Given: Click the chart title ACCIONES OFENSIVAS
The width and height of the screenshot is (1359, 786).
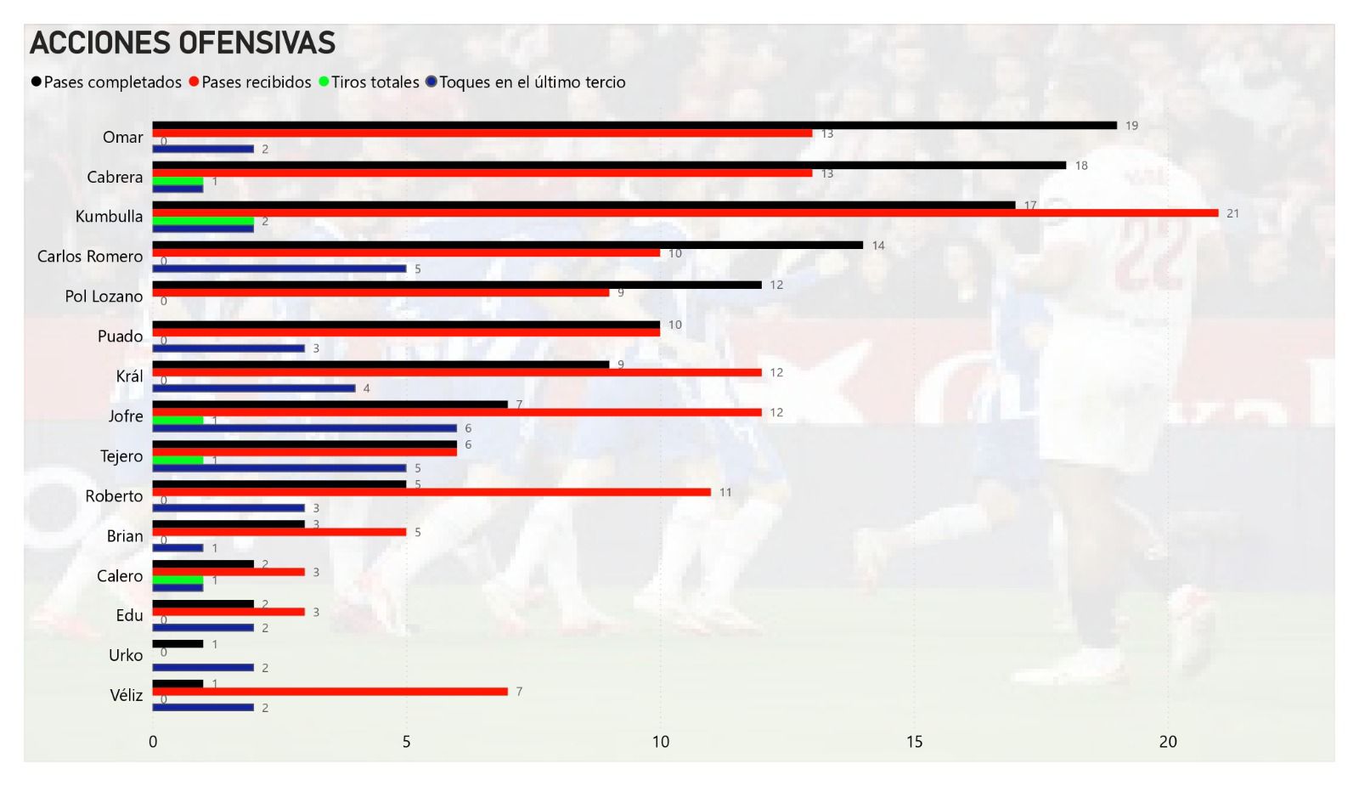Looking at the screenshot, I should point(183,42).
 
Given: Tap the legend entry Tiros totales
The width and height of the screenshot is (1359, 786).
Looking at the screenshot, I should point(375,82).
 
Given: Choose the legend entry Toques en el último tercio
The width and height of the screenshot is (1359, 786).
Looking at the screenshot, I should point(532,82).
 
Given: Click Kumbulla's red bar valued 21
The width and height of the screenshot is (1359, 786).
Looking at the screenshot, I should point(685,213).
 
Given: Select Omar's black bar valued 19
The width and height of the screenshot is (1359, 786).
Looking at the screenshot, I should point(634,126).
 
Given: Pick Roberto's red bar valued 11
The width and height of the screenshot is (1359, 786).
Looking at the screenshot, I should point(431,492).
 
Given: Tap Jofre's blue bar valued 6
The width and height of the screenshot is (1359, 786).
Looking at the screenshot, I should point(304,428).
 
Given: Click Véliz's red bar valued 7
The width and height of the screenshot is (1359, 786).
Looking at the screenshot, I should point(330,692).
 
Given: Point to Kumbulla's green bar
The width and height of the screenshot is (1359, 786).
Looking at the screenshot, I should point(203,221).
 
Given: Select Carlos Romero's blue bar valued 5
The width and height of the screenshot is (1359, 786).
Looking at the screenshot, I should point(279,269).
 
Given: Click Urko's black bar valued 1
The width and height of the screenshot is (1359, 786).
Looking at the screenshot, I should point(178,644).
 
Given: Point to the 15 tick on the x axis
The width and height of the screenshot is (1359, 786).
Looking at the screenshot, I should point(914,742).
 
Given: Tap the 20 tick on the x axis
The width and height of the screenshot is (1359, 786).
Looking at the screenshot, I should point(1168,742).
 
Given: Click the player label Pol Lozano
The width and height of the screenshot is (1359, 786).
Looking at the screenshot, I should point(104,297).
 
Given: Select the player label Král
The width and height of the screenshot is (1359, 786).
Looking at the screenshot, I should point(129,376).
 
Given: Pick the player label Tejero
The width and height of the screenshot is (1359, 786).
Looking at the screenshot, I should point(121,456).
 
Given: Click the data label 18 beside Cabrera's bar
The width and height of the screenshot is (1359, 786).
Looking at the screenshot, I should point(1081,166).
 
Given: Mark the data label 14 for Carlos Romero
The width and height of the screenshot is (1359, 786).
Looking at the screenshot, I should point(878,246).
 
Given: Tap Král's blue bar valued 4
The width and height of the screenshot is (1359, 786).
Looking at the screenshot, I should point(253,388).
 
